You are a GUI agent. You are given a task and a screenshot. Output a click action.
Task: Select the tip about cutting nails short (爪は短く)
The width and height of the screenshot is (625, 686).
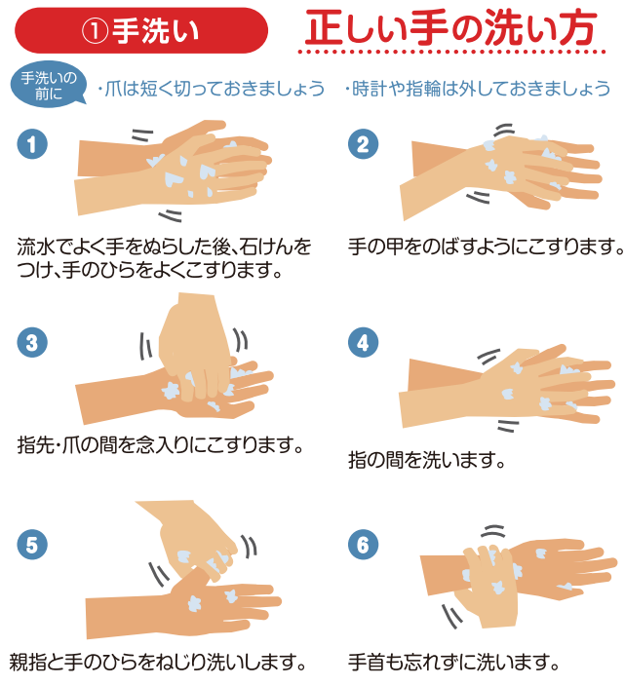211,89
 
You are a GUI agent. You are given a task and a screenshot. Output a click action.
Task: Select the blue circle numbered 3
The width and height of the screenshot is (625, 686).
31,342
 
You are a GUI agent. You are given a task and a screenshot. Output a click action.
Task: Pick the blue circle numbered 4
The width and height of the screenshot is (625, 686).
363,342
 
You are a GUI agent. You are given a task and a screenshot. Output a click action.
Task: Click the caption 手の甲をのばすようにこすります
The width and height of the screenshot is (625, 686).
485,246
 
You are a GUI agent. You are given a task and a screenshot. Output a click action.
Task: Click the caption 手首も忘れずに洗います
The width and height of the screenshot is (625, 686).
453,664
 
